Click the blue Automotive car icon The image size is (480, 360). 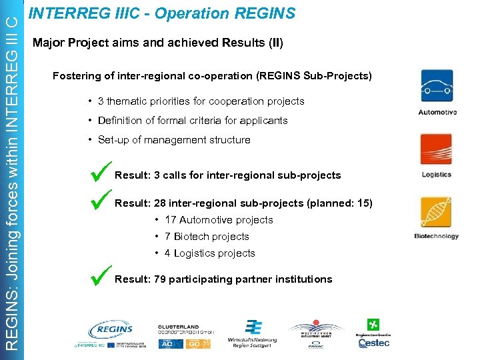click(437, 86)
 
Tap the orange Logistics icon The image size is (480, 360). click(437, 149)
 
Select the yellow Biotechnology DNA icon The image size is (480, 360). click(437, 212)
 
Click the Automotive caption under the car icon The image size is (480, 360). click(437, 112)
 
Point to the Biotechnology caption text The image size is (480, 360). click(437, 236)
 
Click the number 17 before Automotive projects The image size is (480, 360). click(170, 220)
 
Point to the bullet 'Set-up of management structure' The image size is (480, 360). click(174, 140)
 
